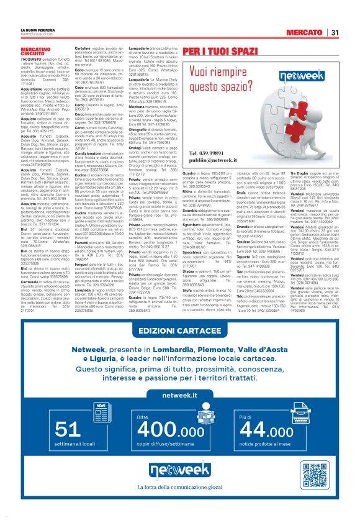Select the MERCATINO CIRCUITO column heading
35,50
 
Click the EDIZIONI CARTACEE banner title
181,347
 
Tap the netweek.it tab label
180,412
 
